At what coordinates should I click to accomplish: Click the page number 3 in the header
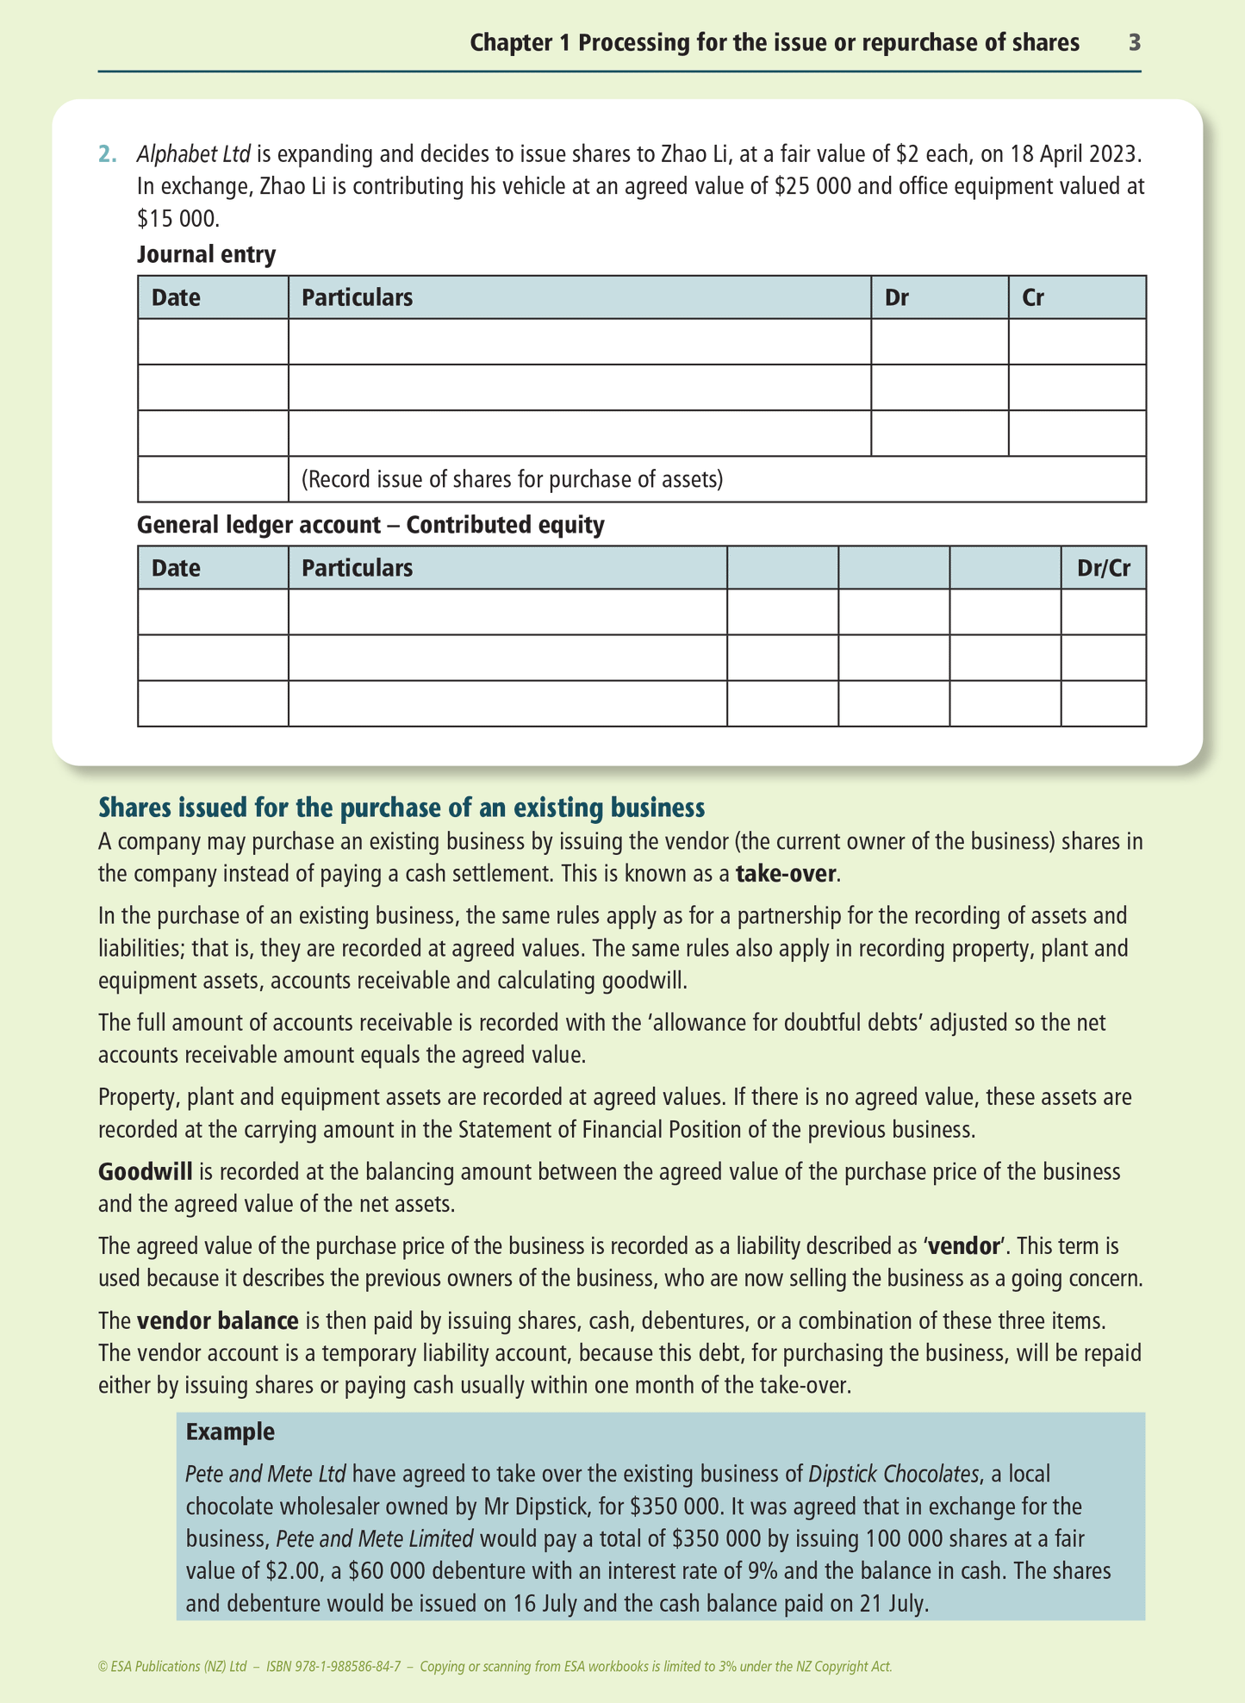click(x=1135, y=42)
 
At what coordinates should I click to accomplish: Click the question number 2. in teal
click(x=108, y=154)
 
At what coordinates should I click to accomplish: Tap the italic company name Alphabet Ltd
click(x=194, y=154)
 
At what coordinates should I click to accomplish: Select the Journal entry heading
click(x=207, y=254)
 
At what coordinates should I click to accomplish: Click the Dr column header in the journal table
click(x=897, y=297)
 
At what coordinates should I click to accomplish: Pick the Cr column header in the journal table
click(x=1033, y=297)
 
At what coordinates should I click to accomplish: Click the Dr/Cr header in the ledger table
click(x=1104, y=568)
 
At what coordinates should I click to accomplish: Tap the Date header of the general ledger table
click(x=176, y=568)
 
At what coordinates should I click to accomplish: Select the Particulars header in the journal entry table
click(x=357, y=297)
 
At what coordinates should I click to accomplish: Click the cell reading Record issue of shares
click(x=512, y=479)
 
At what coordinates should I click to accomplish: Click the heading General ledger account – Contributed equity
click(x=370, y=525)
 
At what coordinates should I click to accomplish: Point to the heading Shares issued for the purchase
click(x=402, y=808)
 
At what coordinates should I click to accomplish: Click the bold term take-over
click(x=786, y=874)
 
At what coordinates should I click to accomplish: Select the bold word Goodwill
click(x=145, y=1172)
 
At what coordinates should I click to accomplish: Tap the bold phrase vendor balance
click(x=217, y=1321)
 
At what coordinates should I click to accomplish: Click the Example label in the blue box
click(x=230, y=1432)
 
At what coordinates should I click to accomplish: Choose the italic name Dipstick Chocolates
click(x=893, y=1475)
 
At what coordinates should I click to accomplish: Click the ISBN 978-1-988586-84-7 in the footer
click(x=333, y=1667)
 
